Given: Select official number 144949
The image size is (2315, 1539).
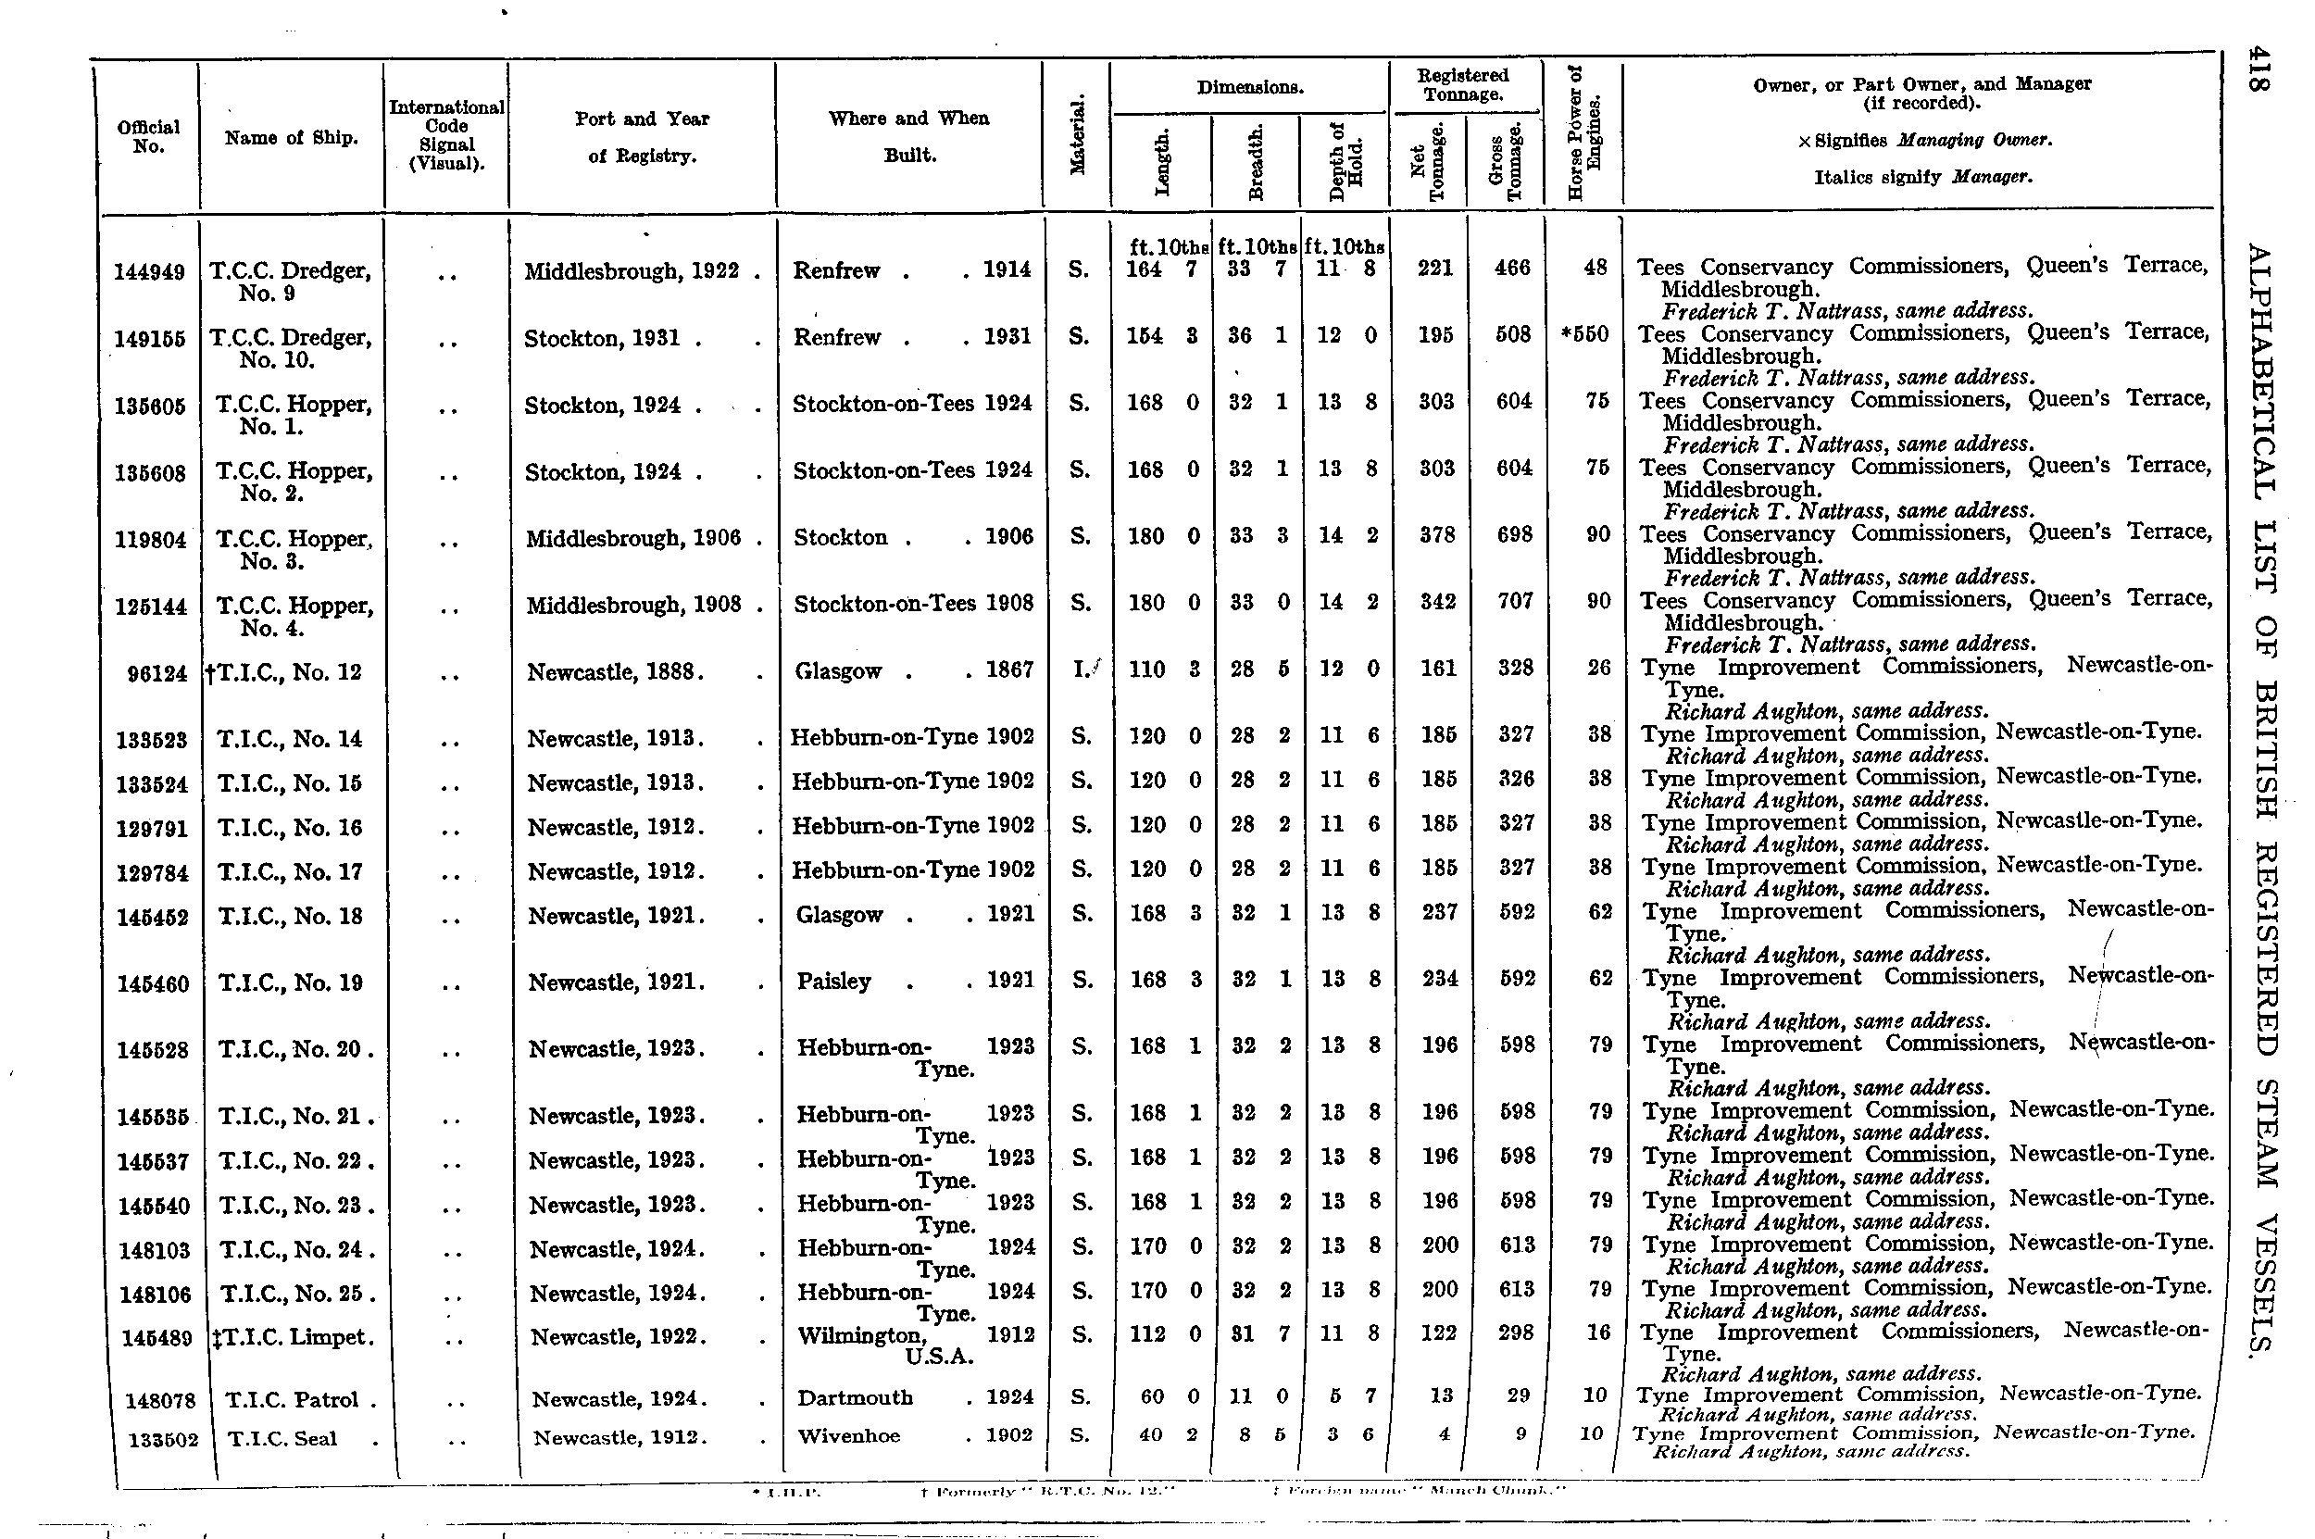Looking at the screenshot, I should pyautogui.click(x=149, y=272).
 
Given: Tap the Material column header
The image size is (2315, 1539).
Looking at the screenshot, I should pyautogui.click(x=1078, y=135).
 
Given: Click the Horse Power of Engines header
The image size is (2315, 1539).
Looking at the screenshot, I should pyautogui.click(x=1583, y=133).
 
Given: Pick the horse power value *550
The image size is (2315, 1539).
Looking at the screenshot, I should pyautogui.click(x=1583, y=334).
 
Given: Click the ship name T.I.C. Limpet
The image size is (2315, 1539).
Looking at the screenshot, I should pyautogui.click(x=294, y=1338).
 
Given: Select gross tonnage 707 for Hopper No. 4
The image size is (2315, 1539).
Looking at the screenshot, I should pyautogui.click(x=1514, y=601).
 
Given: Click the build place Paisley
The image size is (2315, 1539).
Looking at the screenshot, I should pyautogui.click(x=834, y=982).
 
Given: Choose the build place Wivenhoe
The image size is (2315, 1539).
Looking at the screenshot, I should pyautogui.click(x=849, y=1436).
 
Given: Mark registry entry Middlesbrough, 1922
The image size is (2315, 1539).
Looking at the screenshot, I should pyautogui.click(x=631, y=272).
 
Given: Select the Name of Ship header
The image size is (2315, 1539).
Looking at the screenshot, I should pyautogui.click(x=292, y=138).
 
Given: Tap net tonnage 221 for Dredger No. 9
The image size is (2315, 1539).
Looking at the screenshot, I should pyautogui.click(x=1434, y=268).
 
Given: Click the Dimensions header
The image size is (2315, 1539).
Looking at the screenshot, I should pyautogui.click(x=1249, y=88).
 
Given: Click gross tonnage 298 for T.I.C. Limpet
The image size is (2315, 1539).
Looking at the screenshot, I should pyautogui.click(x=1516, y=1333).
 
